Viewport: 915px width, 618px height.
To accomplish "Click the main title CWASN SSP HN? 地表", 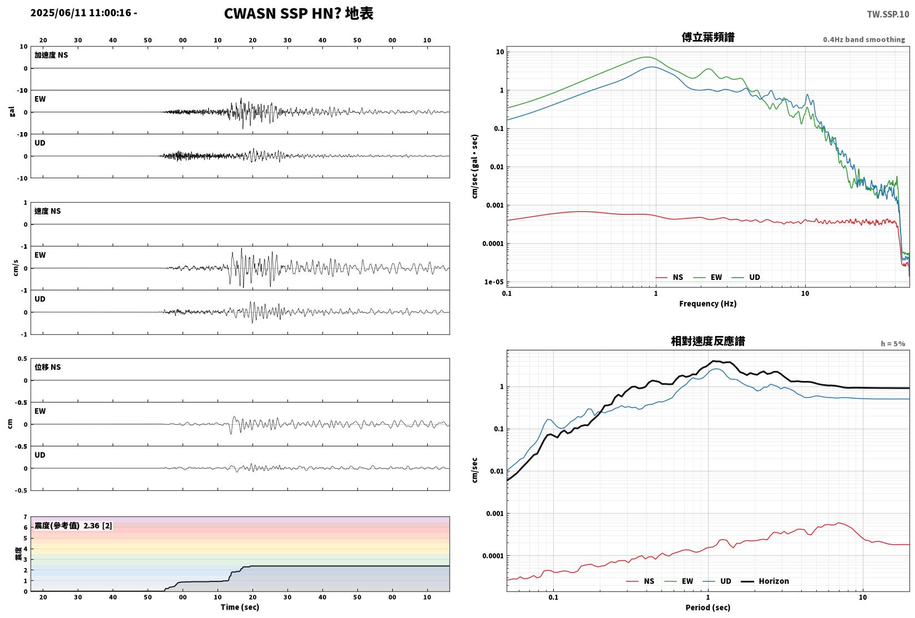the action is pos(299,13).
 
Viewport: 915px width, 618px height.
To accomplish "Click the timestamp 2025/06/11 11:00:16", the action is pos(81,13).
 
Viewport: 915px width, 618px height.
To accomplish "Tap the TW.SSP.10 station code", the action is pos(888,14).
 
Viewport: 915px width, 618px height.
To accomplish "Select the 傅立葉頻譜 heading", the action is pos(708,37).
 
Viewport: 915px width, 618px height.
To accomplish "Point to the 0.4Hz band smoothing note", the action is pos(864,39).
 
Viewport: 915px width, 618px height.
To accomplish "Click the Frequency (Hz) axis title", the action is pos(707,304).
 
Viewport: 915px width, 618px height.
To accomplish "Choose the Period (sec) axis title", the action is pos(707,607).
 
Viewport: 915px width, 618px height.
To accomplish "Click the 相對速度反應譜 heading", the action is pos(708,341).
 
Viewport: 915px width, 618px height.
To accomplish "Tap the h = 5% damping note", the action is pos(893,344).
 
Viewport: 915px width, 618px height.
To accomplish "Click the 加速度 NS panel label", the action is pos(51,55).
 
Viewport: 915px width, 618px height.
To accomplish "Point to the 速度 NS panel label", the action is pos(47,212).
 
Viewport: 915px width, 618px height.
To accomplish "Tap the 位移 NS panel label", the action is pos(47,367).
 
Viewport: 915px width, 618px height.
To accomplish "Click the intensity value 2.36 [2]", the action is pos(98,526).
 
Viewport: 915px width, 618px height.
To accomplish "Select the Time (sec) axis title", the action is pos(240,607).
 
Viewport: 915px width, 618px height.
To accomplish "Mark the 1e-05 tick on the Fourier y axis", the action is pos(494,282).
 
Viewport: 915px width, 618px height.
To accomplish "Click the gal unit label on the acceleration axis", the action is pos(12,112).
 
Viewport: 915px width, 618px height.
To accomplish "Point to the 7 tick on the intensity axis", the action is pos(26,517).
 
